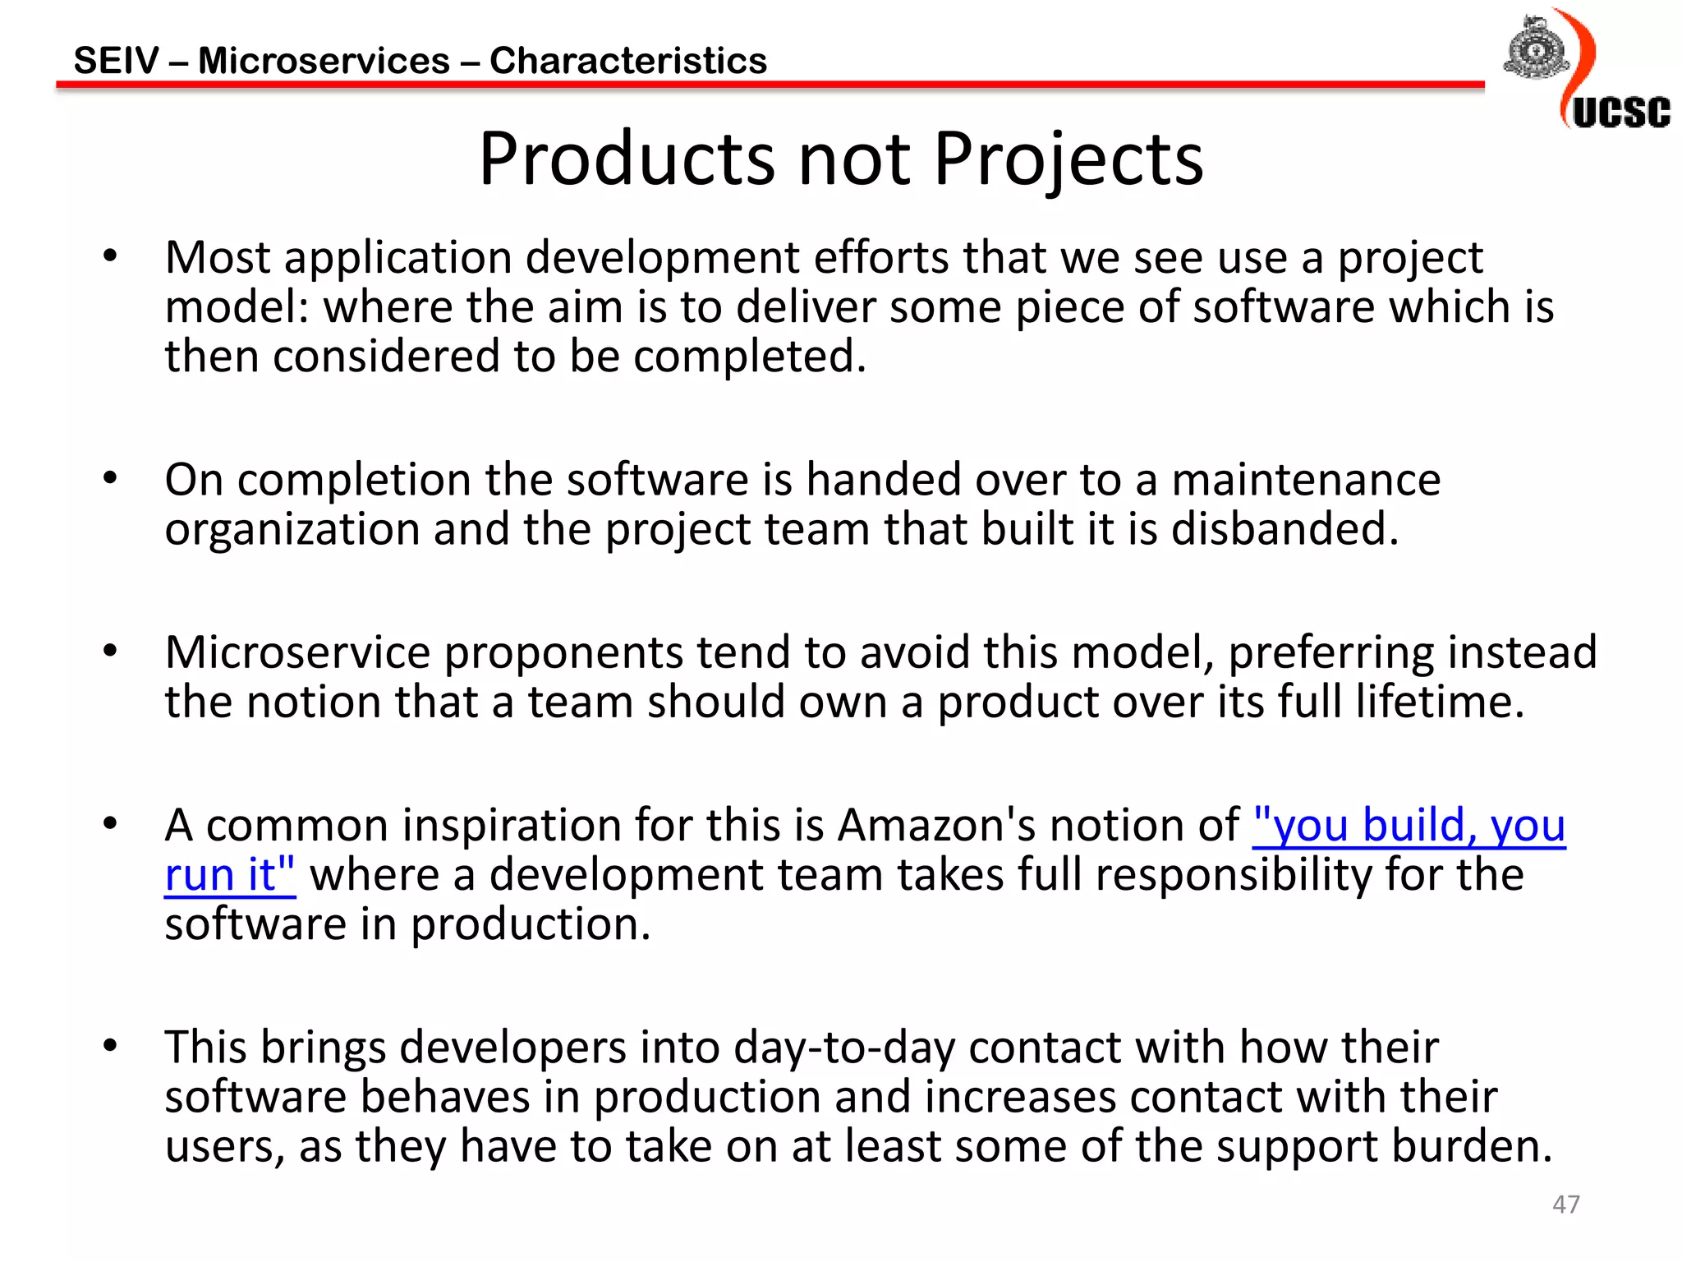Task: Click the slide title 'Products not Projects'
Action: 841,159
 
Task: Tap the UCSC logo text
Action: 1621,113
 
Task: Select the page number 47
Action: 1565,1204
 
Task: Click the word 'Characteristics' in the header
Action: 628,61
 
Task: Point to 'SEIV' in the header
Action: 116,61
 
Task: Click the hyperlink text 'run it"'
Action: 230,874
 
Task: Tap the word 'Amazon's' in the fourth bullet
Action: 935,825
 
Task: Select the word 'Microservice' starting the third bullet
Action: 297,652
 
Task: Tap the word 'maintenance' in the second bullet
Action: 1306,479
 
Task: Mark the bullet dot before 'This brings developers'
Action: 110,1046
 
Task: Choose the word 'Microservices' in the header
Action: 324,61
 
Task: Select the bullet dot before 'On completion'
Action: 110,477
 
